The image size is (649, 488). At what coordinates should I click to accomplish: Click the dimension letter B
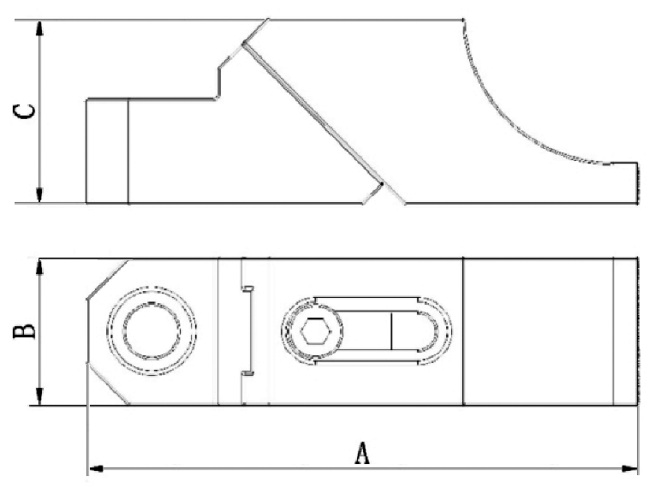coord(27,330)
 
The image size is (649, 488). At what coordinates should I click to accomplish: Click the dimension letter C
coord(27,111)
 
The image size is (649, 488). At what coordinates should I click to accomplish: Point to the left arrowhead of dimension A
coord(94,468)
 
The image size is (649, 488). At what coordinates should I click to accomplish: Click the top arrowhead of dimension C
coord(39,26)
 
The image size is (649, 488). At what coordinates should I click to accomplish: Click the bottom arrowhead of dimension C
coord(39,197)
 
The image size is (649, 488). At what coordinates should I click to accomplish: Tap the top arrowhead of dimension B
coord(39,265)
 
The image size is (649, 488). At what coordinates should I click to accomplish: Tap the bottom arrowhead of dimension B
coord(39,398)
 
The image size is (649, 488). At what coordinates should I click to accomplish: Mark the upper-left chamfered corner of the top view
coord(107,278)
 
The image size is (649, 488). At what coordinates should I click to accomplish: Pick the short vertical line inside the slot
coord(391,330)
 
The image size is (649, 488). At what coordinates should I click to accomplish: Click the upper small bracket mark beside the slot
coord(247,289)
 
